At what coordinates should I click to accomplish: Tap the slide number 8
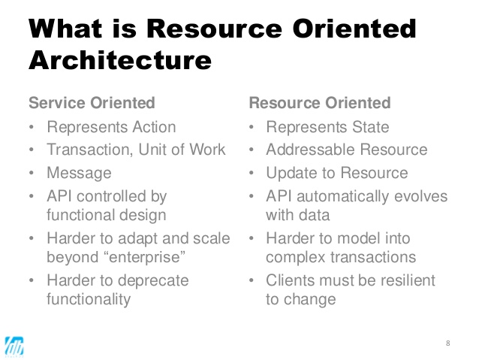448,343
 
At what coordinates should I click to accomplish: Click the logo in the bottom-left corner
16,344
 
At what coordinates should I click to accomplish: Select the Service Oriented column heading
92,102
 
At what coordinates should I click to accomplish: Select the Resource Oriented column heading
320,102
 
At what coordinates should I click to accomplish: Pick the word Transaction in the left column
88,149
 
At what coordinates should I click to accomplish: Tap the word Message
79,173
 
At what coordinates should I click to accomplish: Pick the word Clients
291,280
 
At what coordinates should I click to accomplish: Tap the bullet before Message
32,174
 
